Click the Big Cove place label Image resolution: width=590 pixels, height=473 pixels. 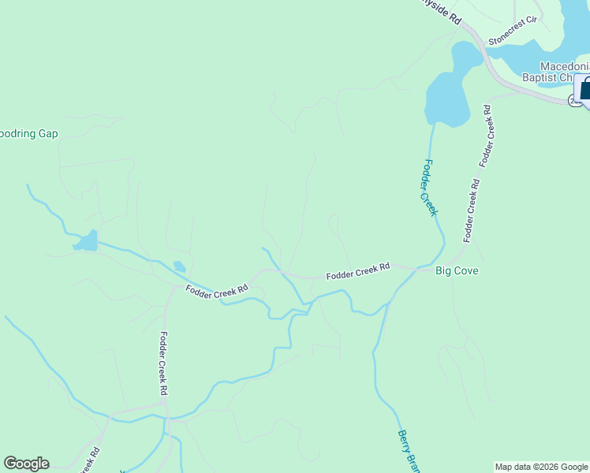click(457, 271)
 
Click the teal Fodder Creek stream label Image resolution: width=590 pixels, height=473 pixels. click(430, 187)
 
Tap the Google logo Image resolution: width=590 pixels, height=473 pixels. click(26, 464)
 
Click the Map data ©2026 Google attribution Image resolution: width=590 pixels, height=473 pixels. click(541, 467)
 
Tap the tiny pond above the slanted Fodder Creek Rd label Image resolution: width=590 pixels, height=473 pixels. click(179, 266)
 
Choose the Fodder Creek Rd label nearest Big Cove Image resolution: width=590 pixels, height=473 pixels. click(358, 272)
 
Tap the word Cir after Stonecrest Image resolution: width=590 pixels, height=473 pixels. click(531, 36)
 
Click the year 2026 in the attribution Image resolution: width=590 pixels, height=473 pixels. click(548, 467)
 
